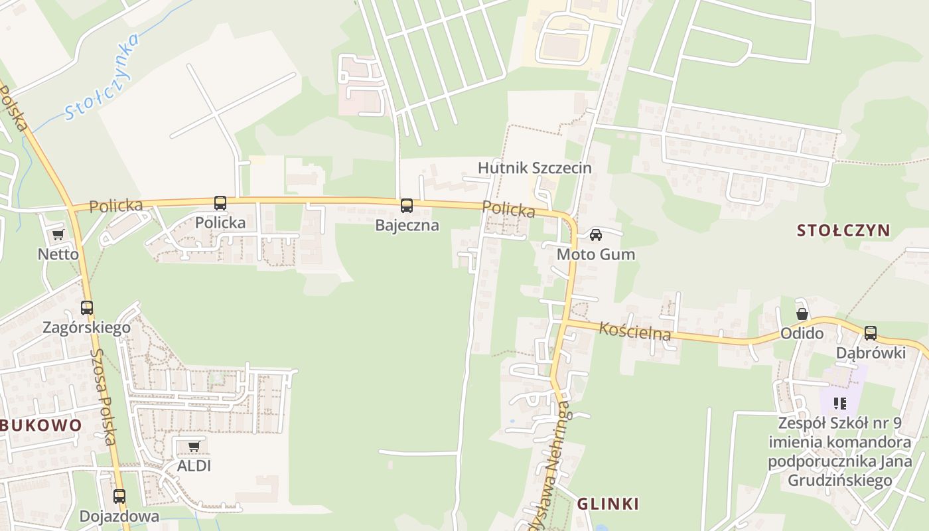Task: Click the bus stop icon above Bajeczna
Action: pyautogui.click(x=407, y=206)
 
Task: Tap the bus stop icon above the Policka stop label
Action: pyautogui.click(x=220, y=203)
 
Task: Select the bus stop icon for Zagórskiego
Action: pyautogui.click(x=87, y=308)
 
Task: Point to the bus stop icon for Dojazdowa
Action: pyautogui.click(x=119, y=496)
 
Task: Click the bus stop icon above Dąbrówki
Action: pyautogui.click(x=871, y=333)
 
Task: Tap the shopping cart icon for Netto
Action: pyautogui.click(x=58, y=234)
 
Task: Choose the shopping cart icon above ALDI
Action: pyautogui.click(x=194, y=446)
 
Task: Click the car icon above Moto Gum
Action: pyautogui.click(x=596, y=234)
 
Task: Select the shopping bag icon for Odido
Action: pyautogui.click(x=802, y=314)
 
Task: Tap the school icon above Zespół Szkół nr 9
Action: pyautogui.click(x=840, y=403)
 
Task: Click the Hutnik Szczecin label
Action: pyautogui.click(x=534, y=167)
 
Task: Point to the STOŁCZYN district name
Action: pyautogui.click(x=843, y=230)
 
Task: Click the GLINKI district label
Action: pyautogui.click(x=608, y=504)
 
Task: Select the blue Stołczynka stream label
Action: pyautogui.click(x=104, y=77)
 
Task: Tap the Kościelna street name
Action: pyautogui.click(x=635, y=330)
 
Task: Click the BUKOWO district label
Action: pyautogui.click(x=41, y=425)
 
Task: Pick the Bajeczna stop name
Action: pyautogui.click(x=407, y=225)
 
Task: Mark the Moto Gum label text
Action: pyautogui.click(x=595, y=254)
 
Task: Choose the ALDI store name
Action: pyautogui.click(x=194, y=466)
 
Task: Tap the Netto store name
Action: pyautogui.click(x=58, y=254)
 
